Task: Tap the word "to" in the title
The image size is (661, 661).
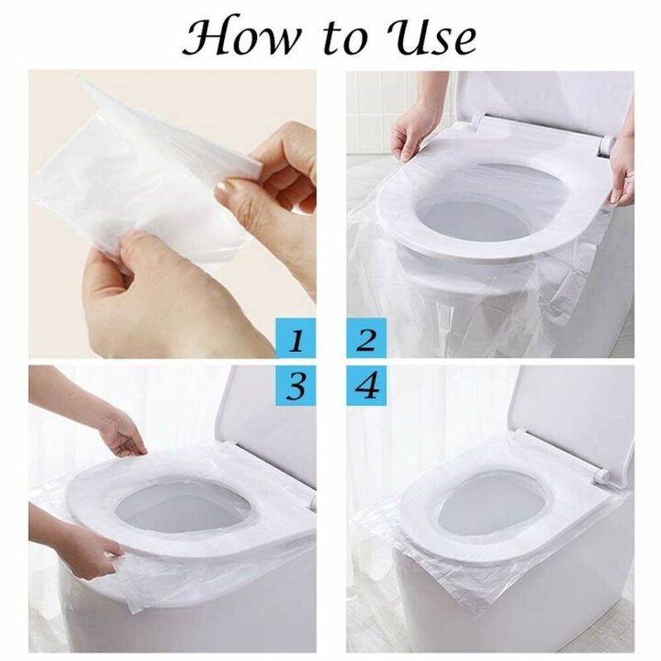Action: point(343,37)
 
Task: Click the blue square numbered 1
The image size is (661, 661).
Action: point(296,339)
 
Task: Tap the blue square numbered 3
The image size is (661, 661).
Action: point(296,385)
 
